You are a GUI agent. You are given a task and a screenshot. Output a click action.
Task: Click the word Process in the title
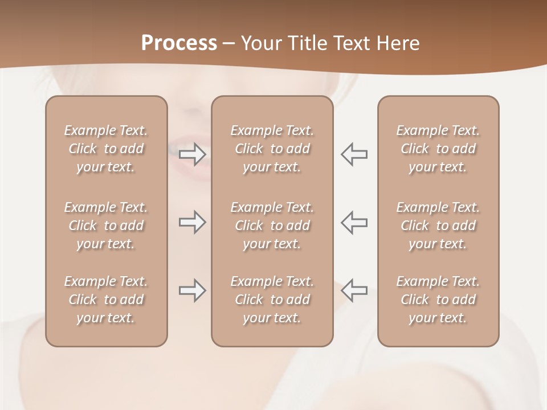point(179,43)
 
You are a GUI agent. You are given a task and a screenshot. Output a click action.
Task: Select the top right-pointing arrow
point(193,154)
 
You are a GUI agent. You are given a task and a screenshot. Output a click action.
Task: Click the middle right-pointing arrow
point(193,222)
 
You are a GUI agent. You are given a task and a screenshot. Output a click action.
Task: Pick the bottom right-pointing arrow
point(193,290)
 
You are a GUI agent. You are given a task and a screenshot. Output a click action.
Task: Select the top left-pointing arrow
point(354,154)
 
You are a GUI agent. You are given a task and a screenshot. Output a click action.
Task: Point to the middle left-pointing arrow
point(354,222)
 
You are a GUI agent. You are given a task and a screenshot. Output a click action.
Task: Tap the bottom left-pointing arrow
point(354,290)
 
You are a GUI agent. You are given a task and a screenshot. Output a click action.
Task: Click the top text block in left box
point(106,149)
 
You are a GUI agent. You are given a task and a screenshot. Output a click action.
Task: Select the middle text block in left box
point(106,225)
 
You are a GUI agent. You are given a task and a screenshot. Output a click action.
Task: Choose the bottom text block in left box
point(106,300)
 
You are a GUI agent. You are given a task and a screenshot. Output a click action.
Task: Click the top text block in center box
point(272,149)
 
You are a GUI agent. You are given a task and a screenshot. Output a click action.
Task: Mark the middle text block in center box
point(272,225)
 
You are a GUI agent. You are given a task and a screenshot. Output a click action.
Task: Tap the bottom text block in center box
point(272,300)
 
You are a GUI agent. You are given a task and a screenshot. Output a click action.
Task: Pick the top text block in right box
point(438,149)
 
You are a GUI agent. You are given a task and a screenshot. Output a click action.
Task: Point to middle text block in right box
point(438,225)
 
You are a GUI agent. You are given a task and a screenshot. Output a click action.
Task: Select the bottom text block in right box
point(438,300)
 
